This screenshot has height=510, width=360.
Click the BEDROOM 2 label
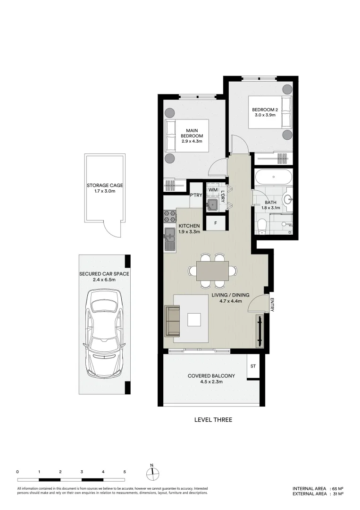tap(267, 113)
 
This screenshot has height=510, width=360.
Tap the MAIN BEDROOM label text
tap(191, 136)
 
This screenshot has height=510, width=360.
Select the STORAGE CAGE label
tap(104, 188)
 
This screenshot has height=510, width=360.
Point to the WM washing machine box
tap(213, 189)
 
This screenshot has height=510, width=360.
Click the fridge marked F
tap(216, 224)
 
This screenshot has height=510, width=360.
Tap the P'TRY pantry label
tap(196, 195)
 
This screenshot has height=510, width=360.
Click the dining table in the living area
tap(212, 271)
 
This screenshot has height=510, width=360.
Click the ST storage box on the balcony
tap(253, 366)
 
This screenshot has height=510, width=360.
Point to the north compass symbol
tap(152, 473)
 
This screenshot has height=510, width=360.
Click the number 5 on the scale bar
tap(125, 471)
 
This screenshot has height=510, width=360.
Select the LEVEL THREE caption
tap(213, 419)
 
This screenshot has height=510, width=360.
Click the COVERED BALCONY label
tap(211, 379)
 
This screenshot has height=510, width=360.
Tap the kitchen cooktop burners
tap(169, 217)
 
